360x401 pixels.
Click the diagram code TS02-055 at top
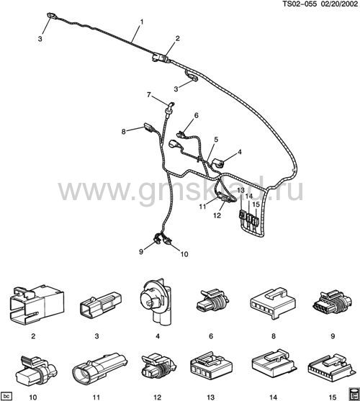tap(300, 4)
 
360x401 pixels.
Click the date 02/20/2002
tap(339, 4)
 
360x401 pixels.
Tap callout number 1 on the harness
tap(141, 22)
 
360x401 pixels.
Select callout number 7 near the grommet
tap(149, 94)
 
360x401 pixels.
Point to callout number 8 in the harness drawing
tap(124, 132)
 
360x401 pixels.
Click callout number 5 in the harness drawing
tap(216, 140)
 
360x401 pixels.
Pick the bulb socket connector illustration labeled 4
tap(156, 302)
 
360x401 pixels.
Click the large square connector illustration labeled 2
tap(37, 305)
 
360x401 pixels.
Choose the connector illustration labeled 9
tap(333, 303)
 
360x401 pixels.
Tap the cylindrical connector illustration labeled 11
tap(99, 370)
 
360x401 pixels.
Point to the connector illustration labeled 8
tap(273, 303)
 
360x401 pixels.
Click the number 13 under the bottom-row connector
tap(210, 397)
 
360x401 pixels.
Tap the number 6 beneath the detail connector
tap(211, 335)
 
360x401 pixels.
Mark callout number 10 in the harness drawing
tap(184, 254)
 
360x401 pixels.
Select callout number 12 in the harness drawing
tap(217, 215)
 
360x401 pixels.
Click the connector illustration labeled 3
tap(101, 305)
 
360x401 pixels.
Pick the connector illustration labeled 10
tap(36, 370)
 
